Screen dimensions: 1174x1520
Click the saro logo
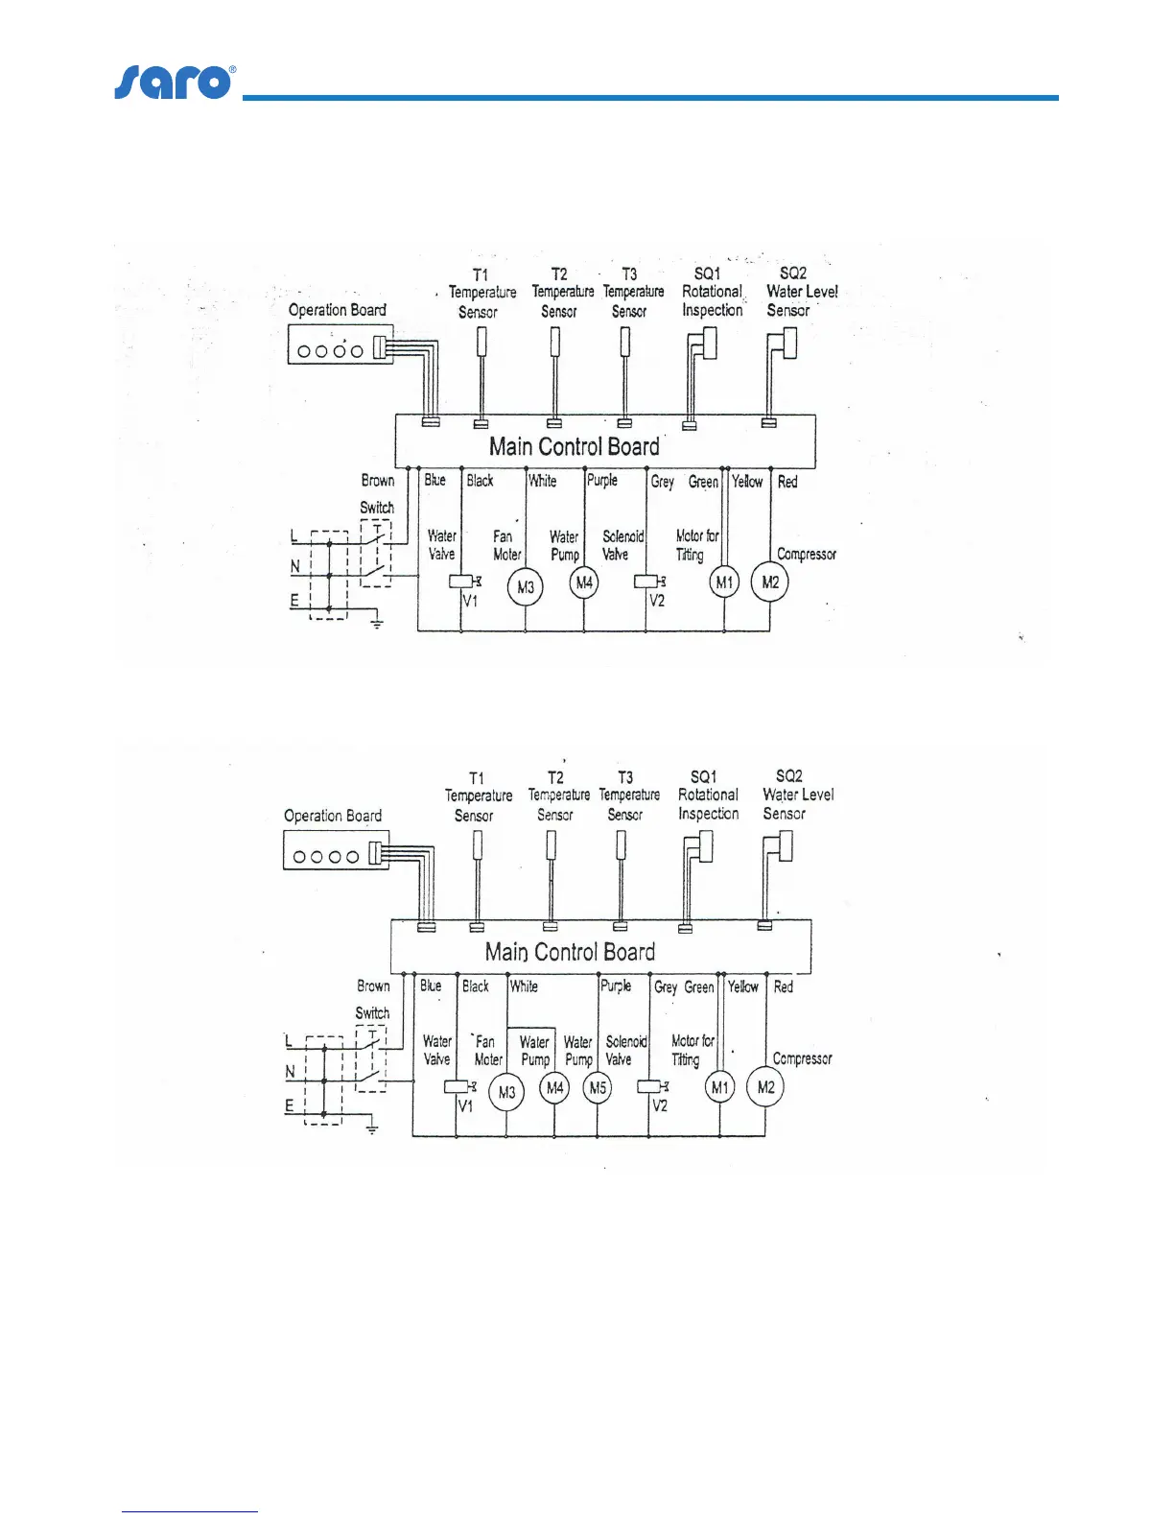tap(174, 83)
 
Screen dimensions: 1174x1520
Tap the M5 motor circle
tap(598, 1088)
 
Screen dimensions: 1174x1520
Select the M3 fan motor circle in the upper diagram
tap(526, 586)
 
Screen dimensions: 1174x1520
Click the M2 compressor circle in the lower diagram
tap(765, 1087)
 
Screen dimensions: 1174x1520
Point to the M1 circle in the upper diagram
tap(724, 582)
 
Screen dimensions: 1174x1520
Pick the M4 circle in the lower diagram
tap(554, 1088)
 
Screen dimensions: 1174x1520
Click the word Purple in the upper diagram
tap(602, 480)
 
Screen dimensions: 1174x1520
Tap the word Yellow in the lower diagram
tap(743, 986)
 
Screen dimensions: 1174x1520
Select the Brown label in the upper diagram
tap(378, 480)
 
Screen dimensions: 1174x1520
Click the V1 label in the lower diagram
tap(465, 1106)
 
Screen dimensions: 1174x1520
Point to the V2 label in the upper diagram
tap(657, 602)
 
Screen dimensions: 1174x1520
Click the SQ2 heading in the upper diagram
tap(793, 273)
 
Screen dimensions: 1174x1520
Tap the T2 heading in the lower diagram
tap(556, 777)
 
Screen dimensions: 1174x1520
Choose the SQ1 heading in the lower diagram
tap(704, 776)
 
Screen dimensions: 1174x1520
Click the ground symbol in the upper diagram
tap(377, 624)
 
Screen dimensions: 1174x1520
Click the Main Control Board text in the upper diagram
tap(575, 446)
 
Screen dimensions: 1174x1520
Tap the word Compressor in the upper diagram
tap(807, 555)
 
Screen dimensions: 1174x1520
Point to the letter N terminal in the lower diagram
tap(291, 1072)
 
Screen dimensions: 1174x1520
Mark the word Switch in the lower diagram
tap(372, 1012)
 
